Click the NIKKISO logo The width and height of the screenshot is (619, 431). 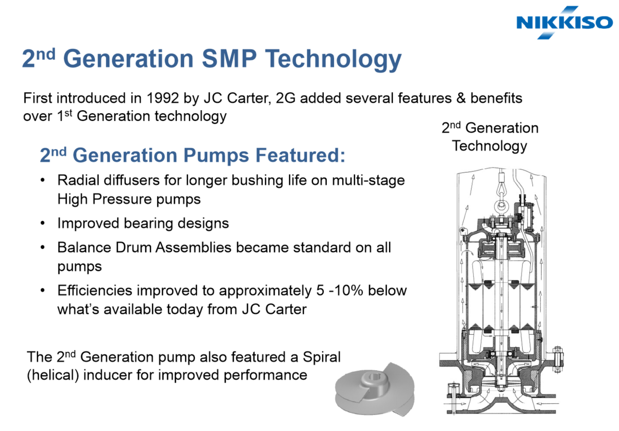pyautogui.click(x=564, y=22)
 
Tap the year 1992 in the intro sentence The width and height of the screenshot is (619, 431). pyautogui.click(x=163, y=98)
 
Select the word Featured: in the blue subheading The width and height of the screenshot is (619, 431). pyautogui.click(x=300, y=155)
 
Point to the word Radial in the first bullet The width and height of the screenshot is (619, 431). pyautogui.click(x=78, y=180)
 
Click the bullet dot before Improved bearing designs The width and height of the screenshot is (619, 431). pyautogui.click(x=43, y=223)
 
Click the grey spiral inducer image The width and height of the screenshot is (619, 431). pyautogui.click(x=375, y=389)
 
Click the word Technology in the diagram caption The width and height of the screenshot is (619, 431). pyautogui.click(x=490, y=146)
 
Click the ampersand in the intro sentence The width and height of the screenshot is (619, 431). pyautogui.click(x=461, y=98)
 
